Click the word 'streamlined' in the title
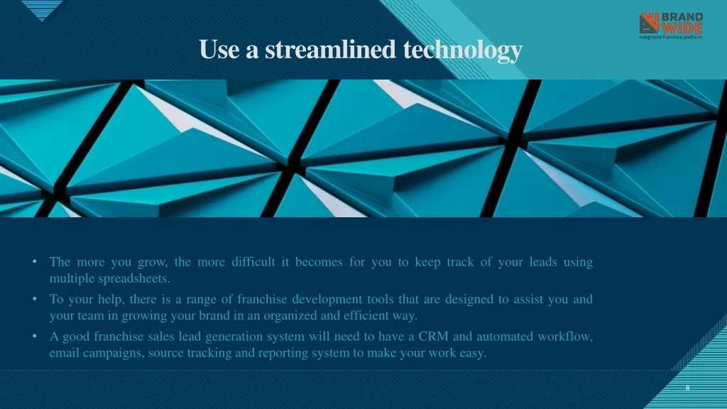tap(330, 49)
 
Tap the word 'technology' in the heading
tap(463, 51)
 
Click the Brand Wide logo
tap(671, 26)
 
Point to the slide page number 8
tap(687, 388)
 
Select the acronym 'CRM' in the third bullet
tap(433, 336)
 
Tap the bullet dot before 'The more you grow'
tap(35, 262)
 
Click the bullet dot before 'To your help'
tap(35, 299)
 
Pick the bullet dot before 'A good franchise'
tap(35, 336)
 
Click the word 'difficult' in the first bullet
tap(253, 262)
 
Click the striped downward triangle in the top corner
tap(42, 10)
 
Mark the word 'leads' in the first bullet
tap(543, 262)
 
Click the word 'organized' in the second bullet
tap(290, 316)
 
